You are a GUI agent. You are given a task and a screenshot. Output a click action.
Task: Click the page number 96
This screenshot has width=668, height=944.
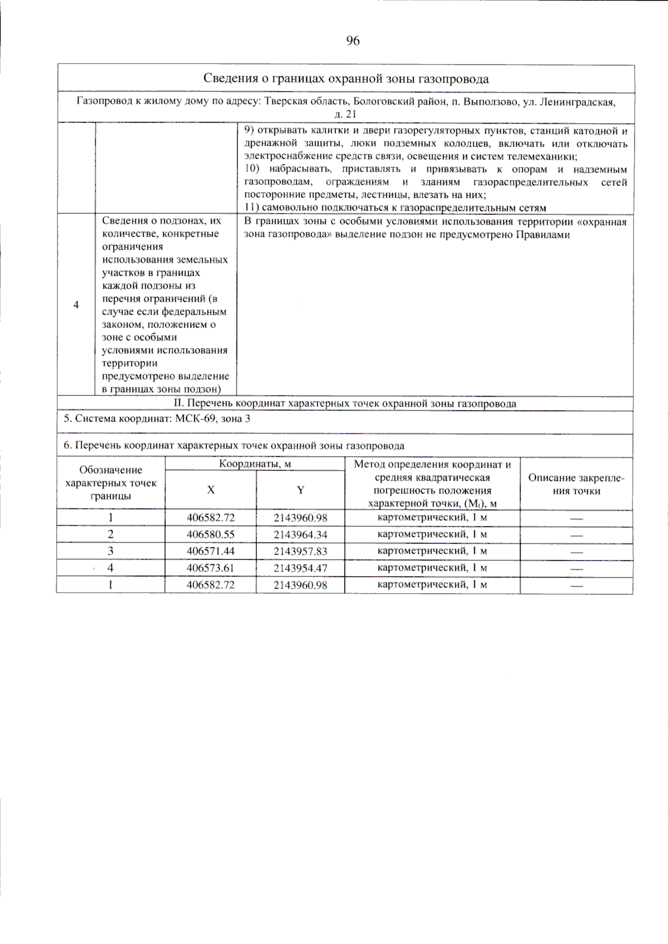[353, 41]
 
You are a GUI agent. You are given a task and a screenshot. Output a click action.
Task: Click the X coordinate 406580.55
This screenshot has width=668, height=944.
[210, 535]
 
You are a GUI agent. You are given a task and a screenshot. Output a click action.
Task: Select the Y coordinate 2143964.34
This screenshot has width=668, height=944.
[300, 535]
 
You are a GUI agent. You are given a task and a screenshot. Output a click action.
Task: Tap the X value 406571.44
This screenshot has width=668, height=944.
[210, 551]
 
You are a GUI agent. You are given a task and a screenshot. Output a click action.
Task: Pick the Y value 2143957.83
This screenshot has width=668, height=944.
[300, 551]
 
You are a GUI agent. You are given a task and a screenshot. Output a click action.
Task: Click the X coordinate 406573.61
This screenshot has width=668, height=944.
[210, 568]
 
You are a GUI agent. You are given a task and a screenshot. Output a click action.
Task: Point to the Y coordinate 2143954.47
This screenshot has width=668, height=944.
[300, 568]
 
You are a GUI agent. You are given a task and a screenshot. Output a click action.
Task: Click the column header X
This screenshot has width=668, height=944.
[210, 490]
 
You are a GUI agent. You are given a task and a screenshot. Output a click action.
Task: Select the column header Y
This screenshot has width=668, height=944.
[300, 490]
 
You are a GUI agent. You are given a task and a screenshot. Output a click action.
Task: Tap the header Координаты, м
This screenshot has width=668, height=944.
[254, 464]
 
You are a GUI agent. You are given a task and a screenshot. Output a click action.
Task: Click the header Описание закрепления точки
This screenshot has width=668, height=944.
[576, 484]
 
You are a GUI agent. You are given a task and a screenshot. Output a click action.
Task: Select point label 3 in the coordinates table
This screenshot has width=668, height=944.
[111, 551]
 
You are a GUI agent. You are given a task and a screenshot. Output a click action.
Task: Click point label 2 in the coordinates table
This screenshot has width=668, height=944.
[111, 535]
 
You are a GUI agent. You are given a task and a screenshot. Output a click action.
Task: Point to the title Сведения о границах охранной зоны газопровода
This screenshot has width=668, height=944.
[346, 79]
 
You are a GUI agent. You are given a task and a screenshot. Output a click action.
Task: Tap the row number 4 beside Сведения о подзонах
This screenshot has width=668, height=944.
[76, 305]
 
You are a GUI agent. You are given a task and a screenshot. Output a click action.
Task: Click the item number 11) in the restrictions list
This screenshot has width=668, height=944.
[252, 208]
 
